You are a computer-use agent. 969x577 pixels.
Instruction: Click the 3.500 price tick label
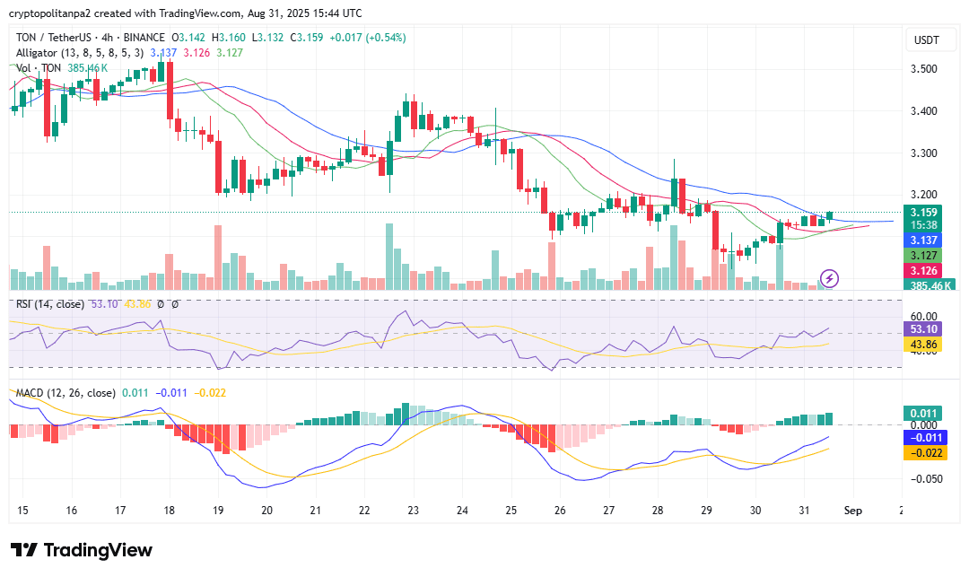923,69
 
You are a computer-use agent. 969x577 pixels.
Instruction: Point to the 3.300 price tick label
923,153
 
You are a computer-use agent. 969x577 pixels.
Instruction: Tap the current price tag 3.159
923,213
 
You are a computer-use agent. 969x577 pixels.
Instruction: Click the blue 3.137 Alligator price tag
923,240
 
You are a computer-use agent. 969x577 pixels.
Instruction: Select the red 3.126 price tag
923,271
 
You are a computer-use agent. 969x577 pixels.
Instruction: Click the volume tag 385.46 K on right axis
930,285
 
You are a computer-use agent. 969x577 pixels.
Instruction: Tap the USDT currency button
925,39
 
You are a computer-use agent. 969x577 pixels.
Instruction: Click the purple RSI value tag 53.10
923,330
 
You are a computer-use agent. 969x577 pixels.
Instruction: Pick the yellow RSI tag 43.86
923,345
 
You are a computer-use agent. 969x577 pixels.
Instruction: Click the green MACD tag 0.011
923,413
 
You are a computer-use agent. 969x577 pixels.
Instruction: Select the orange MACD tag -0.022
923,453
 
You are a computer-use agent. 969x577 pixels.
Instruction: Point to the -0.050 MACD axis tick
923,479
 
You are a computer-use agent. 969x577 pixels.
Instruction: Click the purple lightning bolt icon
830,278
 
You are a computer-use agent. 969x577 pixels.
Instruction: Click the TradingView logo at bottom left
82,550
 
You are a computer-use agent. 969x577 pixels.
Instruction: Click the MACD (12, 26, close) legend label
65,393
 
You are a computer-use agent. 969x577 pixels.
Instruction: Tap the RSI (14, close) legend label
50,304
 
